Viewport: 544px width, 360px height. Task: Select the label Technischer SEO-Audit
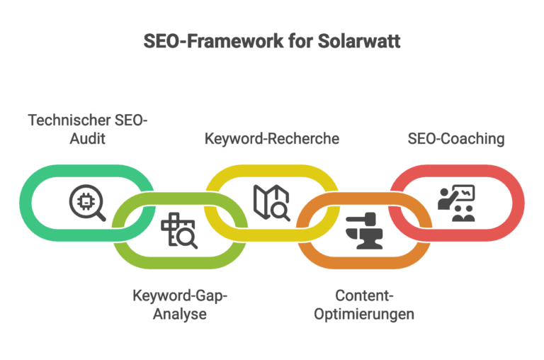click(88, 129)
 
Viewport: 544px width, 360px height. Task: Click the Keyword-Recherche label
click(272, 139)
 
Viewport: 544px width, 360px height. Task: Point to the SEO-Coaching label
click(455, 139)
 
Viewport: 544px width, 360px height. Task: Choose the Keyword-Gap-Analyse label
click(180, 303)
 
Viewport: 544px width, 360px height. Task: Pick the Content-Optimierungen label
click(364, 303)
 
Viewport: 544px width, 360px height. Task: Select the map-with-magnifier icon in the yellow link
click(271, 202)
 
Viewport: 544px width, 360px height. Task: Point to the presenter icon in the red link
click(455, 203)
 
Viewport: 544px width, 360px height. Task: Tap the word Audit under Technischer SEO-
click(88, 139)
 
